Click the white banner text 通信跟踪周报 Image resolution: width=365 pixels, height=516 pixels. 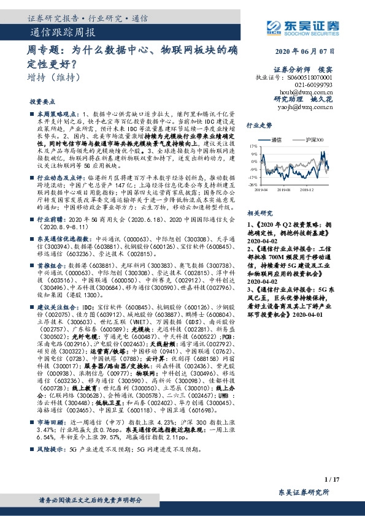(62, 32)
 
